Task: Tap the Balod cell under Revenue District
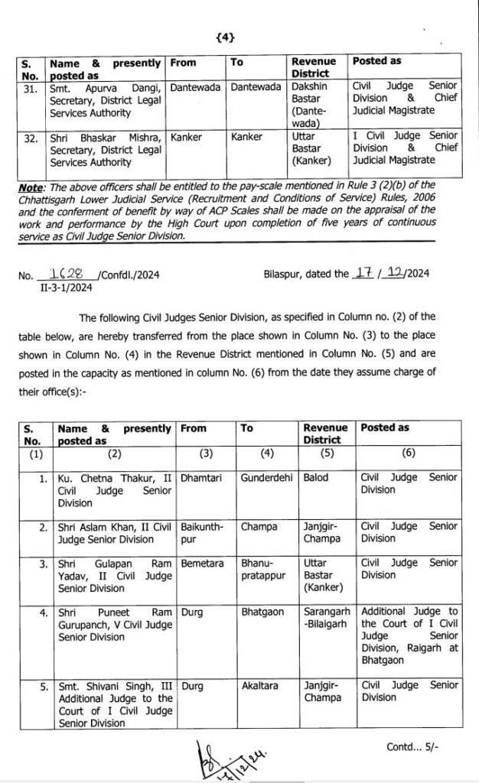[x=315, y=477]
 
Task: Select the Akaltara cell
[x=260, y=686]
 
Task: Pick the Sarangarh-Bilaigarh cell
[x=327, y=618]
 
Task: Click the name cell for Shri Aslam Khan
[x=114, y=532]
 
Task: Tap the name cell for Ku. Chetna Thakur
[x=114, y=489]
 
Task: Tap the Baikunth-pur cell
[x=200, y=532]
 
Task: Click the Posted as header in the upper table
[x=376, y=61]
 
